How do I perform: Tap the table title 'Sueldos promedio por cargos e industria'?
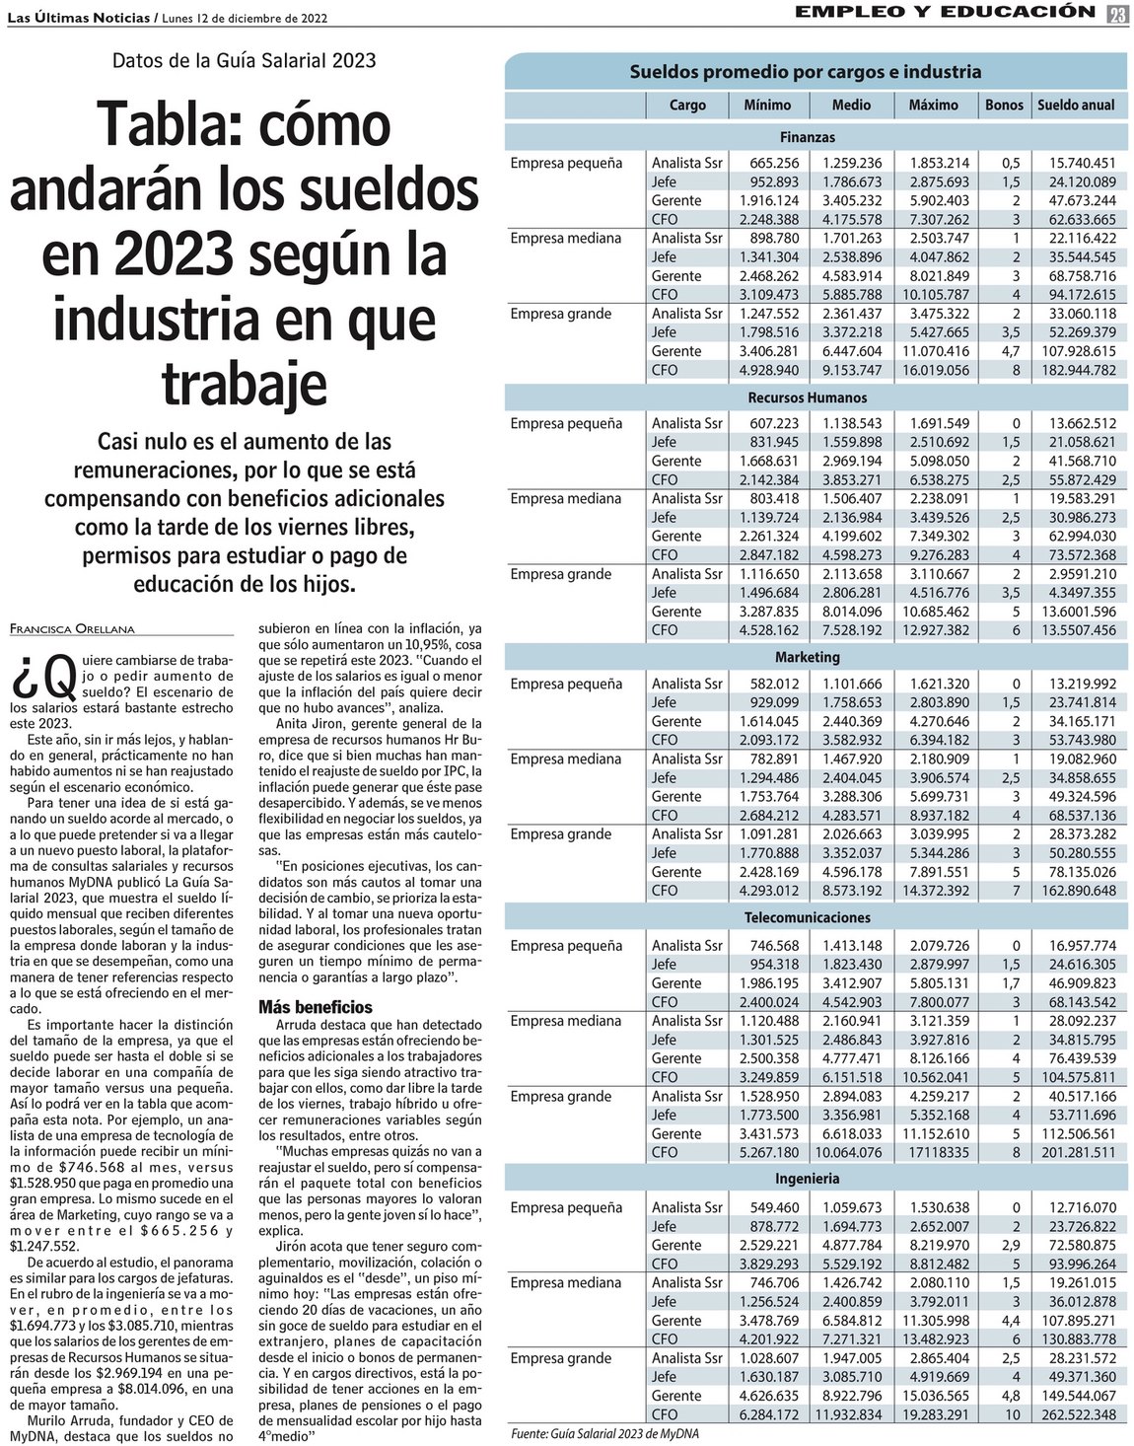(805, 72)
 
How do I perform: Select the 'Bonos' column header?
(1004, 105)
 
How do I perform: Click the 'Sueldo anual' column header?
(1076, 105)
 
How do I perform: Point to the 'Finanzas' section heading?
(807, 137)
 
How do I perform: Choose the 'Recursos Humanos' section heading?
(807, 398)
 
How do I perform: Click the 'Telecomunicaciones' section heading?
(807, 918)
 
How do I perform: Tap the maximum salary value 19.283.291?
(933, 1413)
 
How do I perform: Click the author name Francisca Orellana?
(72, 627)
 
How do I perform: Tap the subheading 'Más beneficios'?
(315, 1007)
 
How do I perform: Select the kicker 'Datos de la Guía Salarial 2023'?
(244, 60)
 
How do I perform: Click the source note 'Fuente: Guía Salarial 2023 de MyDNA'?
(603, 1433)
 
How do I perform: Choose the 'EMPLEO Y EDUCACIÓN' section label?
(945, 12)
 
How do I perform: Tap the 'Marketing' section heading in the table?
(807, 657)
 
